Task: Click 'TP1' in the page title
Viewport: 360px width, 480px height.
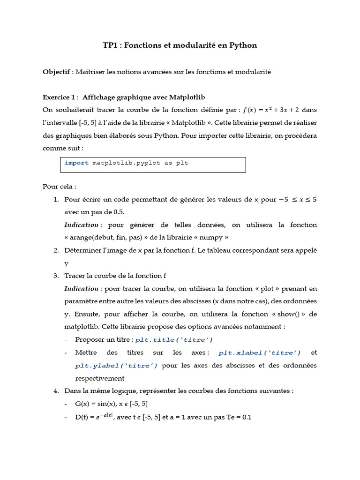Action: point(110,45)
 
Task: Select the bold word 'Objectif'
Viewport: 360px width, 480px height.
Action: point(56,72)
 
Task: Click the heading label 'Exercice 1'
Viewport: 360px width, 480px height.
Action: point(59,97)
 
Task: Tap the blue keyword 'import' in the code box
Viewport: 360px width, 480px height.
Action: point(76,163)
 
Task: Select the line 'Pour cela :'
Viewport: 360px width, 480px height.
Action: point(59,186)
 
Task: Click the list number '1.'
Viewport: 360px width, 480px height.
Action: point(56,199)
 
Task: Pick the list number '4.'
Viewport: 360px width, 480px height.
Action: point(56,390)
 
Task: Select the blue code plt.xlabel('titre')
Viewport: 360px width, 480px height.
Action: point(260,352)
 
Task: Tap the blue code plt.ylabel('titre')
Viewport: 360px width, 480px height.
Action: point(116,365)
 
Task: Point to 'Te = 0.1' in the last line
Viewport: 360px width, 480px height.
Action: point(238,417)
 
